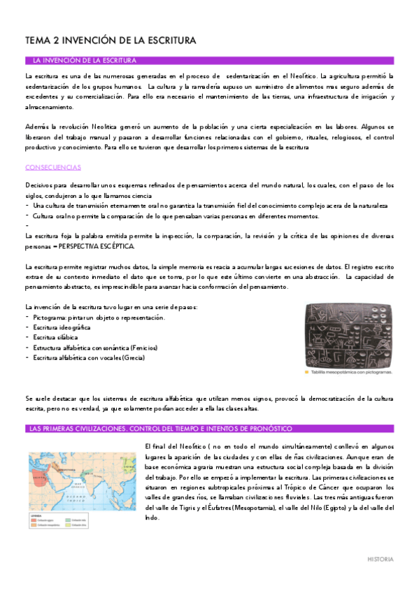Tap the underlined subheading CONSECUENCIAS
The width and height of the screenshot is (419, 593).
(x=53, y=168)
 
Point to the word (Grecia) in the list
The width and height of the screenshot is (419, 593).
(x=132, y=358)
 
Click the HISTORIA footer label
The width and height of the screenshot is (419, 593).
(x=381, y=559)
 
